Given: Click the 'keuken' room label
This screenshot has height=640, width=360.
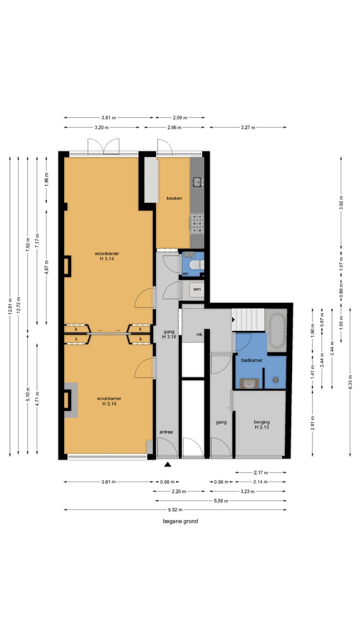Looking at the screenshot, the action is pos(174,198).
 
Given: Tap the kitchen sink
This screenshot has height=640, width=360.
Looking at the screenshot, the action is pos(197,182).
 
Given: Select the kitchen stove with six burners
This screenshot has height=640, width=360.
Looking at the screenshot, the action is pos(197,224).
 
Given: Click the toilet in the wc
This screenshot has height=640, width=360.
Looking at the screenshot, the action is pos(197,265).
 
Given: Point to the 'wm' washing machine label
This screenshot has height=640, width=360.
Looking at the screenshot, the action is pos(197,289).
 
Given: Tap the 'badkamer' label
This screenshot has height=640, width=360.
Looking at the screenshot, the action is pos(251,360).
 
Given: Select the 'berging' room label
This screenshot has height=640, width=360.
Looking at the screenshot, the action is pos(261,421).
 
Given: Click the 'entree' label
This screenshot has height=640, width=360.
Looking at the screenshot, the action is pos(166,432).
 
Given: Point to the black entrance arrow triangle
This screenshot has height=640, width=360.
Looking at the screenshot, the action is pos(167,465).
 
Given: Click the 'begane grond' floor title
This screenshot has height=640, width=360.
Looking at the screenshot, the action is pos(180,521).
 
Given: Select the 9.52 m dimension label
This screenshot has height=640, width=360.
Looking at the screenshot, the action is pos(175,509).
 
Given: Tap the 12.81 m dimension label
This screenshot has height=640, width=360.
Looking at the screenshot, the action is pos(10,306).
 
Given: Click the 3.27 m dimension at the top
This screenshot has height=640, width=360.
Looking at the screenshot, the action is pos(248,127).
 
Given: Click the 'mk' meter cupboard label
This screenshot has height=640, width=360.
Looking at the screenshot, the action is pos(199,334).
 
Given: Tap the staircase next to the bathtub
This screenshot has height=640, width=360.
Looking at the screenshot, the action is pos(247,319).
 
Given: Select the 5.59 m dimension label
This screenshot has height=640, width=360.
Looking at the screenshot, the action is pos(221,500).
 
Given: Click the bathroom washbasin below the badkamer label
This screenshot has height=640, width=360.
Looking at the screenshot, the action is pos(249,383).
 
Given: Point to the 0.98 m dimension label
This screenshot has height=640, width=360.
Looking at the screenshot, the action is pos(167,482).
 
